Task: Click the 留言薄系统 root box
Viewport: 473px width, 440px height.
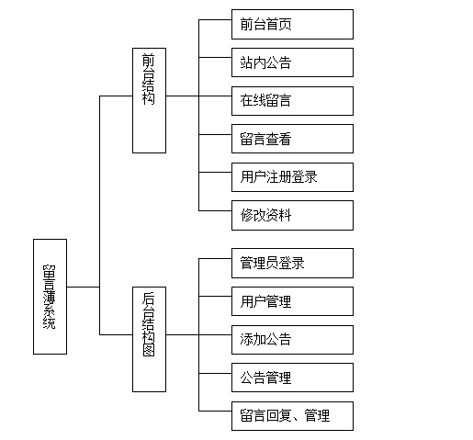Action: point(50,297)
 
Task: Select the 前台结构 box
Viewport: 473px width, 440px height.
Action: point(149,100)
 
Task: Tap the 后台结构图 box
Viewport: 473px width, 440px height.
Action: point(149,339)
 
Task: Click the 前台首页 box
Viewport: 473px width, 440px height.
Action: point(292,24)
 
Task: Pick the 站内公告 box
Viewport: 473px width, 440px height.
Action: point(292,62)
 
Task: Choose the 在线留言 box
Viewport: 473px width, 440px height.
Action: point(292,101)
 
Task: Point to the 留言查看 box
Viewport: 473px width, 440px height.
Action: point(292,139)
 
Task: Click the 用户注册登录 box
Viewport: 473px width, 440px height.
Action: point(292,177)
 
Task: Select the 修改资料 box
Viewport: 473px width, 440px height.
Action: point(292,215)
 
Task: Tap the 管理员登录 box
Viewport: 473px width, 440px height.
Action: point(292,263)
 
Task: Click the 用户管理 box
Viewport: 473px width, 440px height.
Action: point(292,301)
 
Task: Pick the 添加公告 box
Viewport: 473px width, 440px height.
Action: point(292,340)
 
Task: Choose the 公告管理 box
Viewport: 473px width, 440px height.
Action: point(292,378)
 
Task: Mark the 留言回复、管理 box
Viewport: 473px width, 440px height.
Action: point(292,416)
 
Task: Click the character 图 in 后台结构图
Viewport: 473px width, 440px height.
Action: point(149,350)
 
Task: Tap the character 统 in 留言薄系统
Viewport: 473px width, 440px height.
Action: point(50,323)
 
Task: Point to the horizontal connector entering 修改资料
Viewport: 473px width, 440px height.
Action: point(215,210)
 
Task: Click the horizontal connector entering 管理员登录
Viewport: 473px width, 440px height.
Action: point(215,258)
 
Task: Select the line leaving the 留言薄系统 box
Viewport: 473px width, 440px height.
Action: point(84,287)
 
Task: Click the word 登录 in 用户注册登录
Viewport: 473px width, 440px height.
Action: point(304,177)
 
